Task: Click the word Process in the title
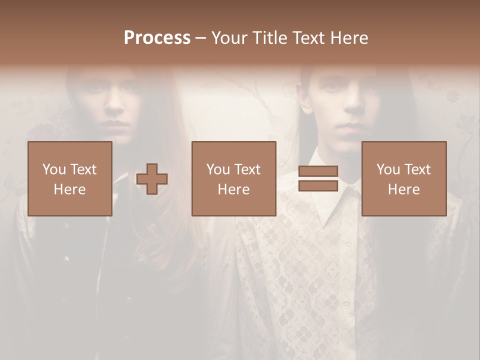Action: click(x=157, y=38)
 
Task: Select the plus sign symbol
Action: click(x=152, y=179)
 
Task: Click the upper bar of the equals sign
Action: click(x=318, y=171)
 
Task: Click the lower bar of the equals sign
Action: click(x=318, y=186)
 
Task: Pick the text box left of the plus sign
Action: click(x=70, y=178)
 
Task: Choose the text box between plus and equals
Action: click(x=234, y=178)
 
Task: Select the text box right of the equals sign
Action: click(x=404, y=178)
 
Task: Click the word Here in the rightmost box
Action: click(x=404, y=189)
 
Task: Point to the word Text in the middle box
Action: click(x=247, y=169)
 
